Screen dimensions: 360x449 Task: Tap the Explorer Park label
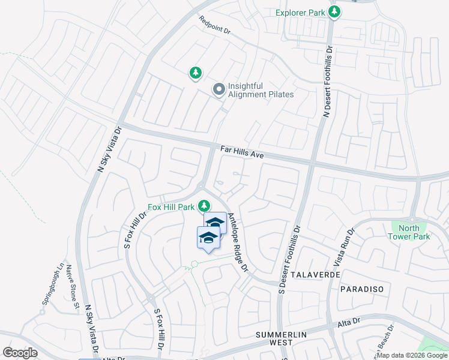click(x=300, y=12)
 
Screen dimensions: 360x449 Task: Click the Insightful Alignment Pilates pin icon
click(x=218, y=90)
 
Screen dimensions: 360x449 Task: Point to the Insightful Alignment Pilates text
click(x=261, y=91)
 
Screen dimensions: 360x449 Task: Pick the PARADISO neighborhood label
click(x=361, y=289)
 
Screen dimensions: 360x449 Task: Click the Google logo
click(x=20, y=353)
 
